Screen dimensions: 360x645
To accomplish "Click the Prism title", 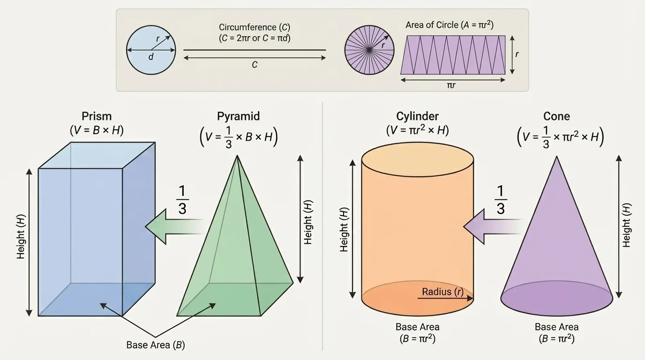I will [x=97, y=116].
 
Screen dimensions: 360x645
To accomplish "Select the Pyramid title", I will [x=238, y=116].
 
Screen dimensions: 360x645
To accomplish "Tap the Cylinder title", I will [x=417, y=116].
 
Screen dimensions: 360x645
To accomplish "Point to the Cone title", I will [x=556, y=116].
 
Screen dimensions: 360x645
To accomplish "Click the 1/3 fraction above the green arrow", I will [x=182, y=200].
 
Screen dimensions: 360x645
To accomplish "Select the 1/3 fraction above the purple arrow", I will [x=501, y=200].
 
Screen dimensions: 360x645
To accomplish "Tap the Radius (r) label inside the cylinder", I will [x=442, y=292].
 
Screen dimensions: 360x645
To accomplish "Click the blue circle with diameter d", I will [x=151, y=50].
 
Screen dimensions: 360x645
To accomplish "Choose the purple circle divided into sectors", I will [x=369, y=50].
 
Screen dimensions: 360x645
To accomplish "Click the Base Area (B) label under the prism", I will [x=156, y=345].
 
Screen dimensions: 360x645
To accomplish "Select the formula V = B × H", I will [x=97, y=131].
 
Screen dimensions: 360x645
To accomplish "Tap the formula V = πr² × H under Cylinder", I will [x=417, y=131].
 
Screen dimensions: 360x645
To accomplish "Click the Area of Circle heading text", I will [x=449, y=25].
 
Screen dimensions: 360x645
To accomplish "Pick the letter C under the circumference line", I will [x=255, y=65].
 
